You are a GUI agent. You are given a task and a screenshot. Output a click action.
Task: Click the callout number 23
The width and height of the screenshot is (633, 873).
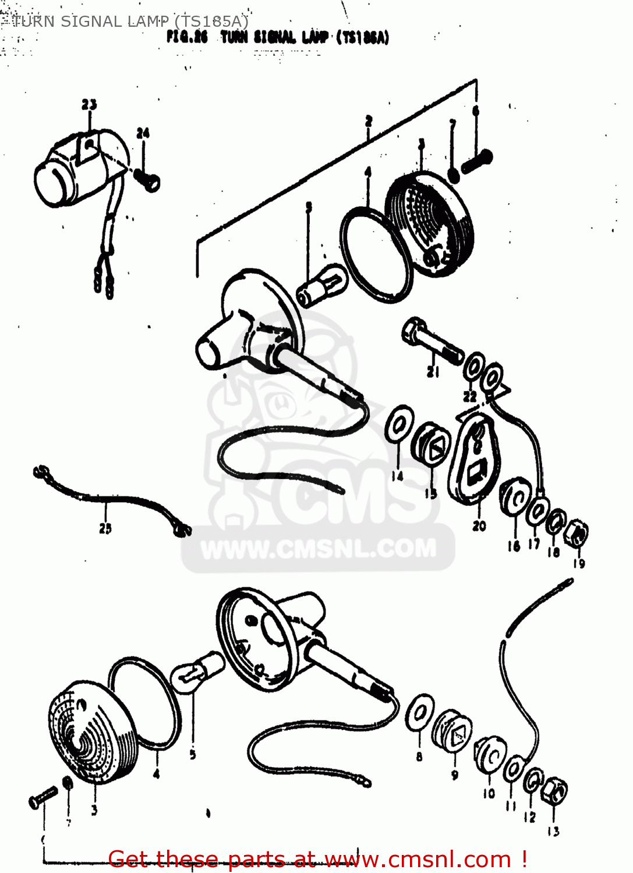click(89, 105)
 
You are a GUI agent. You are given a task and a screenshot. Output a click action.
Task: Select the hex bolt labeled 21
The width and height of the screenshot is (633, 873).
click(431, 341)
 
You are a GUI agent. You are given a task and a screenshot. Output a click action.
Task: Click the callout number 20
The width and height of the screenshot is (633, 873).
click(479, 526)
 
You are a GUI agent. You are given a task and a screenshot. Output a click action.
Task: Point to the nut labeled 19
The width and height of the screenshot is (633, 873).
click(578, 533)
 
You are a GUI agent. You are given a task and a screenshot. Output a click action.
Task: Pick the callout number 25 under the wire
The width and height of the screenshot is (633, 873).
click(105, 528)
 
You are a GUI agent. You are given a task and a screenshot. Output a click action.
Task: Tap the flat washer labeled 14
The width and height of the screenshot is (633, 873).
click(399, 425)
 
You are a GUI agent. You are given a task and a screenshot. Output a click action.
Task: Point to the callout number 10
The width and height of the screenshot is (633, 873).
click(489, 793)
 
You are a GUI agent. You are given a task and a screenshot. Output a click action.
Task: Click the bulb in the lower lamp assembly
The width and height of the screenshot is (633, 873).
click(197, 672)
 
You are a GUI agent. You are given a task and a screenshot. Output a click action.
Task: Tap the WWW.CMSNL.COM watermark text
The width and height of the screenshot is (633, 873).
click(319, 549)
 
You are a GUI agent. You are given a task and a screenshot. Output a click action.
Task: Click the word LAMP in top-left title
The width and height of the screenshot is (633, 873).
click(147, 22)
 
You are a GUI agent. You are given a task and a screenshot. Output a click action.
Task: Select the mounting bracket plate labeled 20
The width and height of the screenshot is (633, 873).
click(475, 460)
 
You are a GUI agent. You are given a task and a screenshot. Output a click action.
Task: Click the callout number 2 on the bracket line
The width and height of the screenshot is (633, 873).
click(369, 121)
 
